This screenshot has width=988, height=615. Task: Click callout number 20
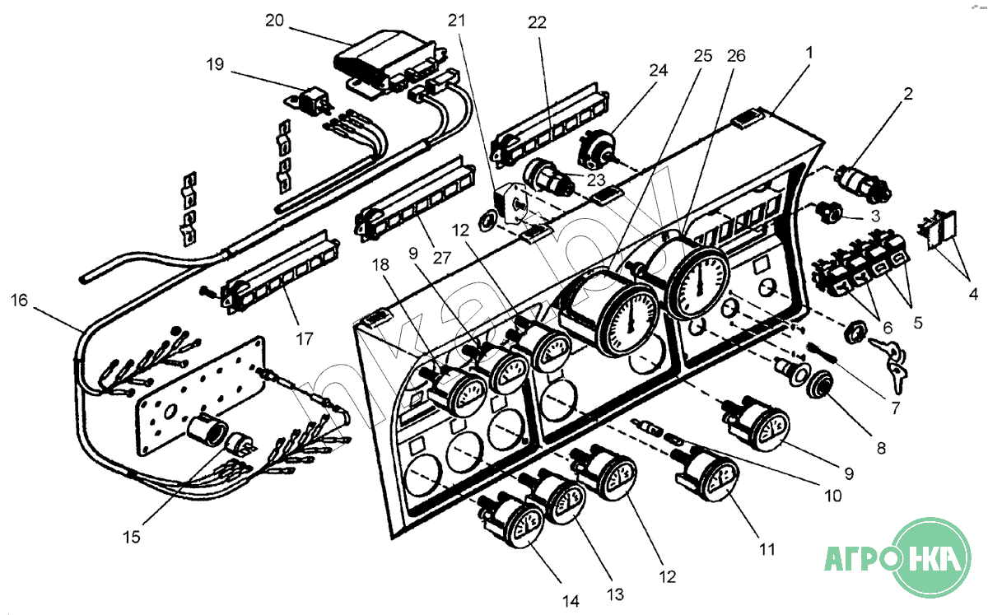tap(274, 21)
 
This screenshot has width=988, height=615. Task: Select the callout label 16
tap(20, 301)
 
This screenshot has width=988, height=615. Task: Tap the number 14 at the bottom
tap(571, 602)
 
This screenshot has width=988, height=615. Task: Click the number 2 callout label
tap(907, 94)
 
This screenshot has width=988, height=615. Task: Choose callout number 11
tap(767, 548)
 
